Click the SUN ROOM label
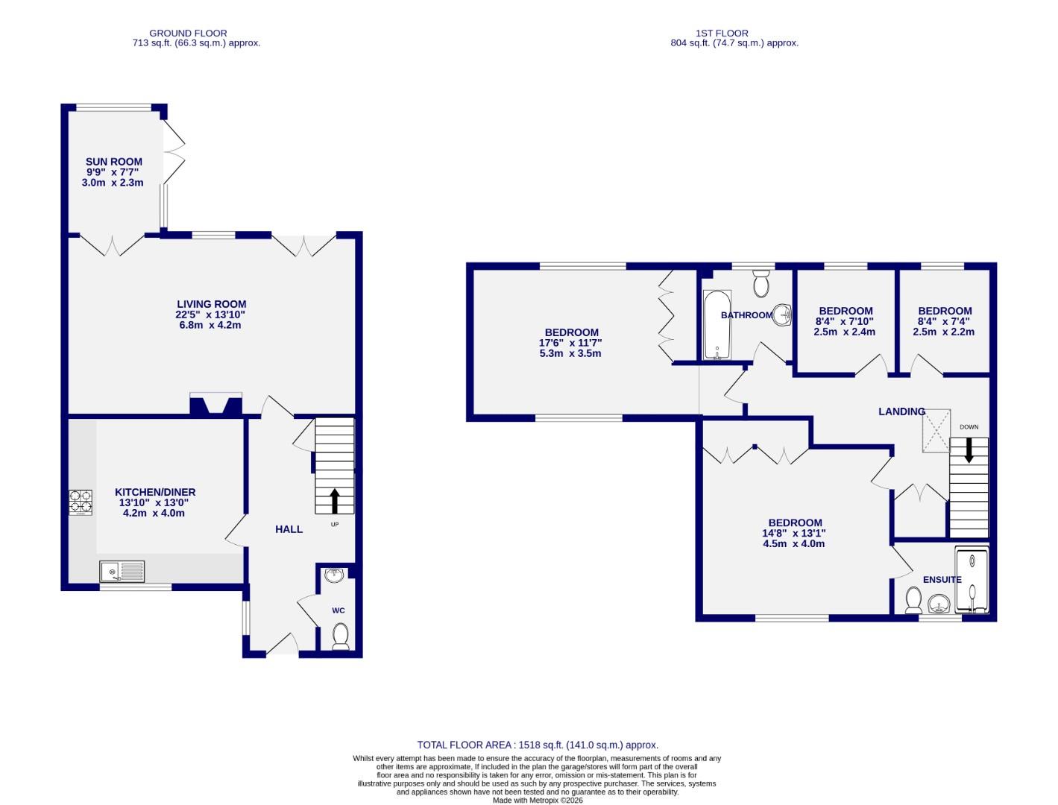tap(113, 162)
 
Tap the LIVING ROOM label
tap(211, 304)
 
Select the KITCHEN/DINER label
tap(155, 492)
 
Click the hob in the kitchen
tap(81, 502)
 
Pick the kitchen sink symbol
tap(122, 572)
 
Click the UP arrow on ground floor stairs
tap(333, 501)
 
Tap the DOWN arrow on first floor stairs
tap(969, 449)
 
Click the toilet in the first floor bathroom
tap(761, 282)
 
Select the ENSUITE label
tap(942, 579)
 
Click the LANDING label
tap(901, 411)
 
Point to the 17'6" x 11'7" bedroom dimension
tap(570, 343)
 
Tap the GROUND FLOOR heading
tap(188, 33)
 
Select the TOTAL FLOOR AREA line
tap(538, 745)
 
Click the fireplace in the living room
tap(216, 404)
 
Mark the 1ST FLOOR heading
tap(722, 33)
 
